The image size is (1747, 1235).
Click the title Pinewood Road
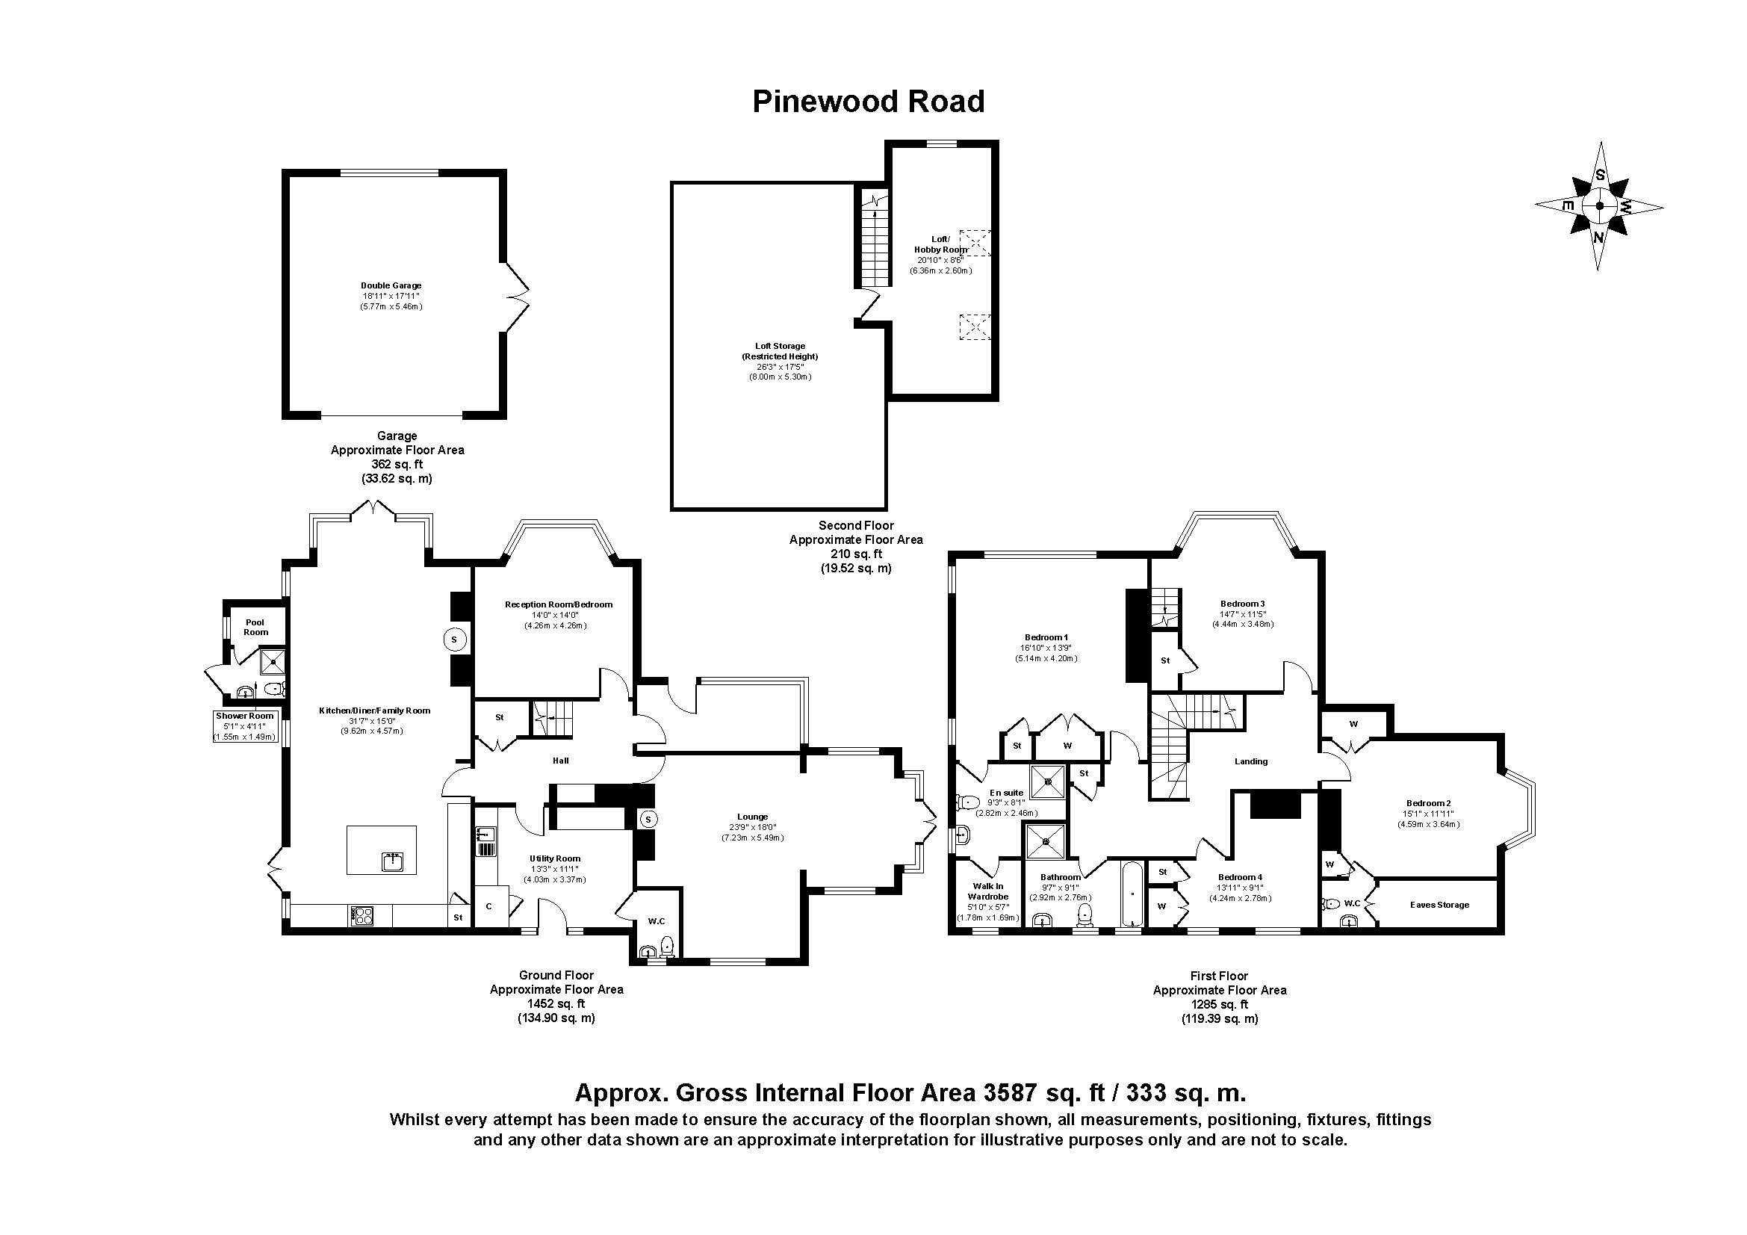(x=868, y=102)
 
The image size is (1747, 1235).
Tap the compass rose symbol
(x=1599, y=205)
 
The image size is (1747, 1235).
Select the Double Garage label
(x=391, y=286)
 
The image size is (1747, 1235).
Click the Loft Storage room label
(x=780, y=346)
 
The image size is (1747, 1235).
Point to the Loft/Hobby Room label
(x=940, y=244)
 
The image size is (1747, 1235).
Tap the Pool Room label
(x=255, y=627)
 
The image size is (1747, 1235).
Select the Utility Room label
(x=555, y=858)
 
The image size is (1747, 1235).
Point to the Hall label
(x=560, y=760)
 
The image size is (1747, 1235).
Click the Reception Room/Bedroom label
(x=559, y=604)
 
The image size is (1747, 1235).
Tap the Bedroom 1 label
(x=1046, y=637)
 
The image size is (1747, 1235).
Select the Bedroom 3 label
(x=1243, y=604)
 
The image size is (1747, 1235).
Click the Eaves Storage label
(x=1439, y=905)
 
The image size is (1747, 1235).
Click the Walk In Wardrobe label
(x=987, y=891)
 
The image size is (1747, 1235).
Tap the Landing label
(x=1251, y=761)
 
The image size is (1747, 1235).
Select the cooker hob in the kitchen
(x=362, y=915)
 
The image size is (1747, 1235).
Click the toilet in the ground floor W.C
(x=668, y=947)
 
